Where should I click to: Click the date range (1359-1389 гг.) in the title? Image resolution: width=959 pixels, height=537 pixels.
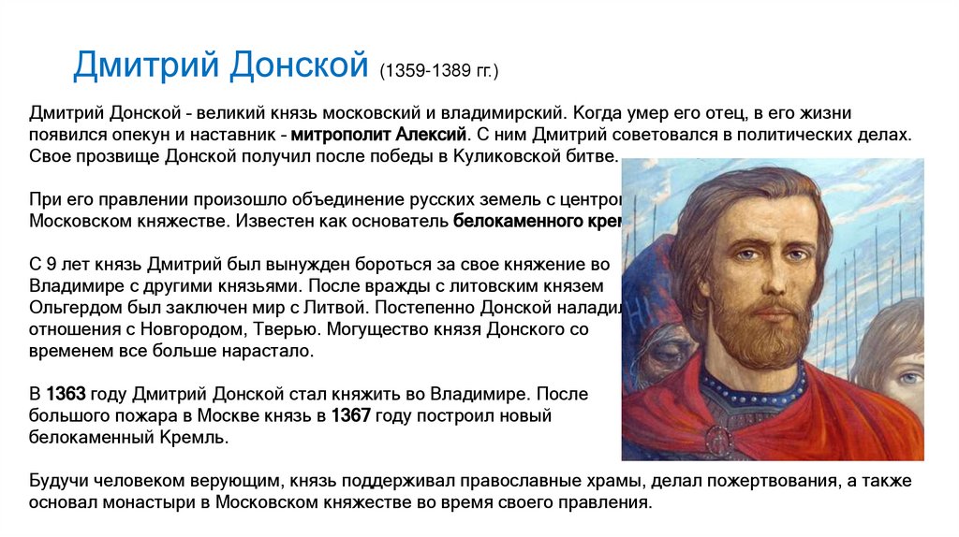point(439,71)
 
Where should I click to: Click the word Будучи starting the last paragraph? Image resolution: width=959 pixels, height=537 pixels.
point(58,481)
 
